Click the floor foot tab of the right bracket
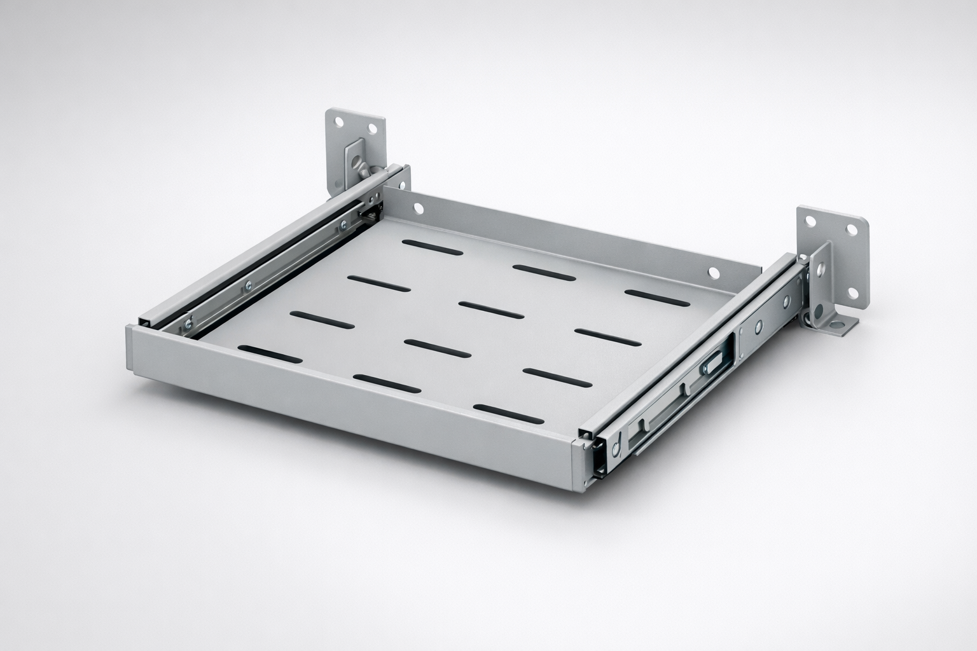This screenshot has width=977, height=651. click(x=842, y=326)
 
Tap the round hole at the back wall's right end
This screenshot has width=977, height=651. click(x=714, y=273)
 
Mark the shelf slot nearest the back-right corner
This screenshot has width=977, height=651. click(x=656, y=296)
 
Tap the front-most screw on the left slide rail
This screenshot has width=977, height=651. click(x=189, y=325)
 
